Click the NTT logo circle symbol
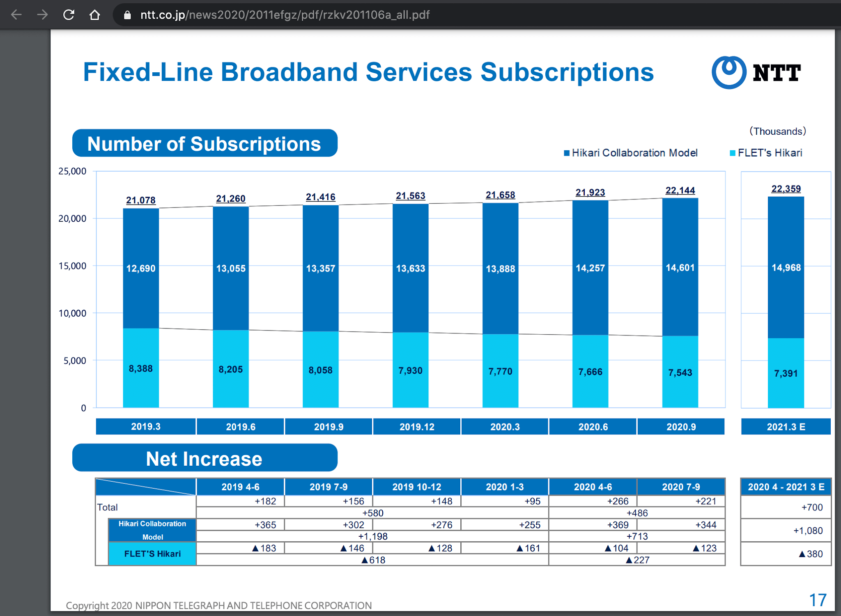coord(728,72)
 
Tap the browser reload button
coord(69,15)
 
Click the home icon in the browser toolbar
coord(95,15)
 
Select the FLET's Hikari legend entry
coord(766,153)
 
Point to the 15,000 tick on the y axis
coord(72,266)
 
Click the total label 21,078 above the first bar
coord(141,200)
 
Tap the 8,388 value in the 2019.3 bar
coord(141,368)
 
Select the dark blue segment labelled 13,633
coord(410,268)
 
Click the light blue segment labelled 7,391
coord(786,373)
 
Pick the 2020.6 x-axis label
coord(593,427)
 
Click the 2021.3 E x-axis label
coord(786,427)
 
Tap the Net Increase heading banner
coord(205,458)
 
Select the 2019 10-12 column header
coord(416,487)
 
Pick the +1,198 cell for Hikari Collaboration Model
coord(372,536)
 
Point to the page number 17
coord(817,600)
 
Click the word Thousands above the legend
coord(777,131)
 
